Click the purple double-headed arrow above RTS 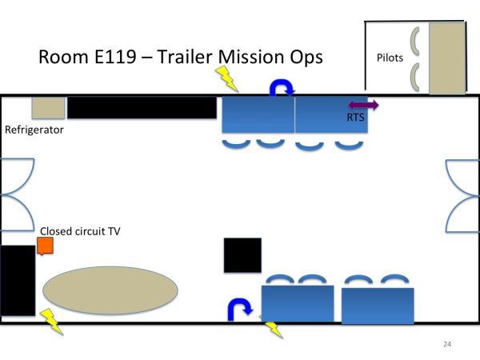point(363,105)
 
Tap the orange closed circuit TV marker point(45,246)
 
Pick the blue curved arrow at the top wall point(283,90)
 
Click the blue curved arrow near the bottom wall point(239,309)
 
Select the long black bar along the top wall point(142,107)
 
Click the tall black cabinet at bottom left point(17,280)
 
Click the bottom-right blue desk point(378,305)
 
